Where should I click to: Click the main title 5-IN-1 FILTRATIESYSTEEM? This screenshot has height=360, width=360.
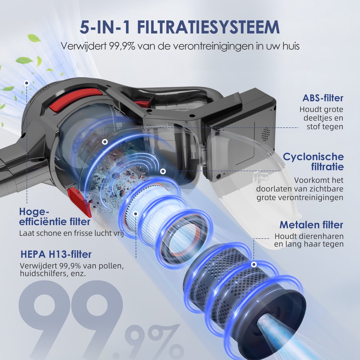tap(179, 27)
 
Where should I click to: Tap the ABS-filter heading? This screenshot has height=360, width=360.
tap(323, 98)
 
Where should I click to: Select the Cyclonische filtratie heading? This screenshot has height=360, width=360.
tap(313, 162)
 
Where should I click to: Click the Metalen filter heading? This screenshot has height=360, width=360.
tap(311, 225)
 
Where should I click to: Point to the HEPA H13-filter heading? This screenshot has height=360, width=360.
tap(56, 254)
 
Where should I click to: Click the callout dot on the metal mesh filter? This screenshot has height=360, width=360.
tap(254, 264)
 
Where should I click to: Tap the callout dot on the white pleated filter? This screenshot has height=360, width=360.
tap(136, 214)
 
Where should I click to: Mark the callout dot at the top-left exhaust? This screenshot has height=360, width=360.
tap(27, 83)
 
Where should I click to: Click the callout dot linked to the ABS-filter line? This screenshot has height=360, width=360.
tap(105, 142)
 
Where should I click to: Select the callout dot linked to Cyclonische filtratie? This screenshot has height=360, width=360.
tap(163, 171)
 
